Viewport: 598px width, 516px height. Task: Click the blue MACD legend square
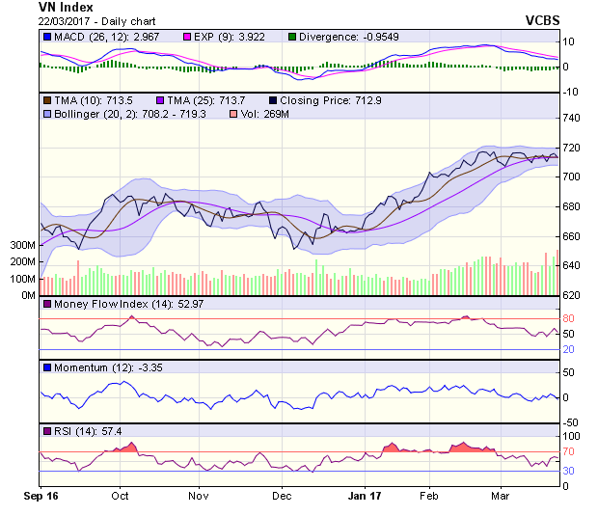point(45,38)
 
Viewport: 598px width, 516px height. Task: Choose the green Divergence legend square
point(292,38)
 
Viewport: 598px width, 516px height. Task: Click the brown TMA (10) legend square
point(45,99)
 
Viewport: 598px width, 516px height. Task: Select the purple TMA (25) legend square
point(158,99)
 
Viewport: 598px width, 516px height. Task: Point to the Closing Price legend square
point(273,99)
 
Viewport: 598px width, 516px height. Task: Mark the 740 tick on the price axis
point(573,118)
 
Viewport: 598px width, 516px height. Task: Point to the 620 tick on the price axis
point(573,295)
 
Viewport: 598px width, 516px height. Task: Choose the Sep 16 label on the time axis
point(41,497)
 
